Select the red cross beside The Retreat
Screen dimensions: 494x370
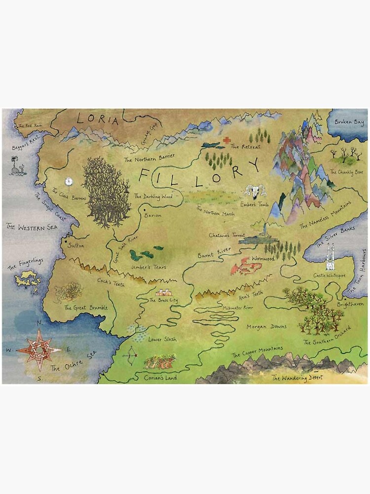226,141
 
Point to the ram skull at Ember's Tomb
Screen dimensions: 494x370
256,191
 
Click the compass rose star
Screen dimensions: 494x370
38,350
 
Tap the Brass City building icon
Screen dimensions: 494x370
164,292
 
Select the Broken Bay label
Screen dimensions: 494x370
349,122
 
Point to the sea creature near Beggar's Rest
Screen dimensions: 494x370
18,166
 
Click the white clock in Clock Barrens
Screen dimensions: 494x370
70,181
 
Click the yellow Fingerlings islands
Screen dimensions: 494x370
28,280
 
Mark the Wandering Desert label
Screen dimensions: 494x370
297,378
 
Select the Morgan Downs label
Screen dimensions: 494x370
266,327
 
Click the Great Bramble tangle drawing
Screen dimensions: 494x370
68,292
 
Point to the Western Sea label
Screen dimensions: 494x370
32,227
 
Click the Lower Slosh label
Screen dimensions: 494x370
162,339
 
